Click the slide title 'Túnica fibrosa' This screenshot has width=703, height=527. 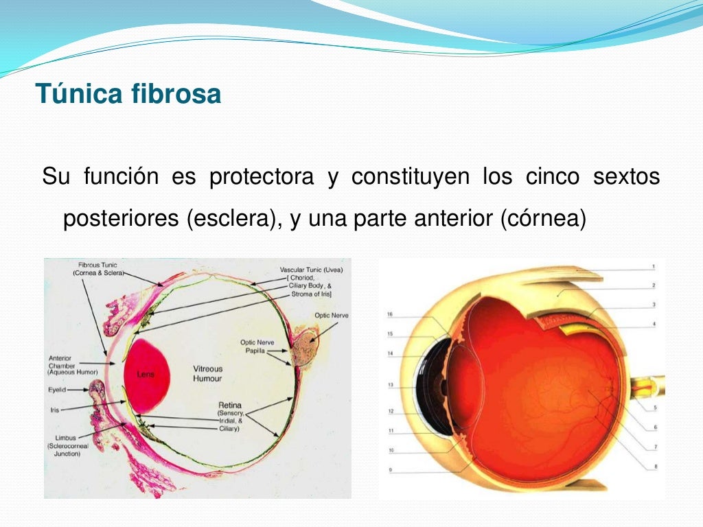128,93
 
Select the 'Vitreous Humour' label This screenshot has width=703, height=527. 207,373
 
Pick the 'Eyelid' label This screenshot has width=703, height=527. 57,389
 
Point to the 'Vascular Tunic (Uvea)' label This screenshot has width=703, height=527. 311,270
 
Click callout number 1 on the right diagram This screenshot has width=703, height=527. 654,266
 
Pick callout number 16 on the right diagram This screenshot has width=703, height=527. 389,314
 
